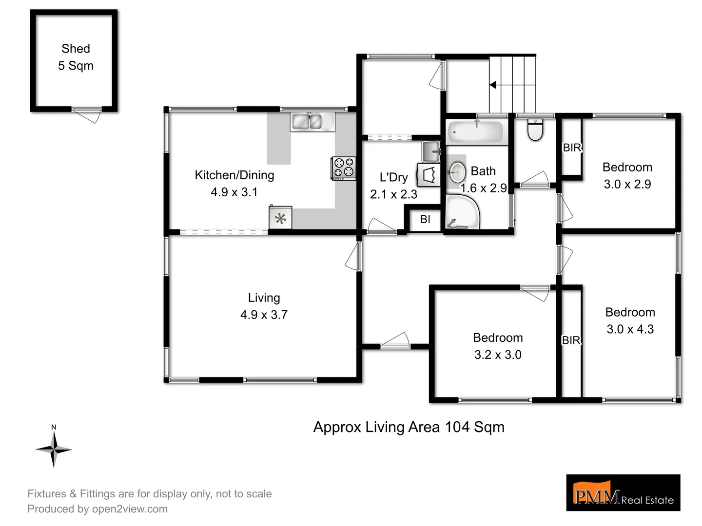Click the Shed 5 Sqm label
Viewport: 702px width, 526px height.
coord(76,57)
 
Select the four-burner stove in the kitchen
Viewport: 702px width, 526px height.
coord(344,168)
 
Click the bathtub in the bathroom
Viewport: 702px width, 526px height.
coord(475,132)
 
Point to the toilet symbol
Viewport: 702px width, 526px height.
coord(535,130)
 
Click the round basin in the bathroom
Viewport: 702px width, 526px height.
coord(457,172)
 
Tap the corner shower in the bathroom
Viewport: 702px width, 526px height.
coord(461,212)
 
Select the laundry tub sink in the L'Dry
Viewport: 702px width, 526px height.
coord(431,151)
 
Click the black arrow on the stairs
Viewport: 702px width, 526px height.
coord(493,85)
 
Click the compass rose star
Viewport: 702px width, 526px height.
coord(54,450)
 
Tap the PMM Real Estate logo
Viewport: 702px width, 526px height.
coord(623,493)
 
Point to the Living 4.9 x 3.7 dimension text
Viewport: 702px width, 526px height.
coord(264,315)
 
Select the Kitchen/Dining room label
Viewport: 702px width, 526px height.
coord(234,175)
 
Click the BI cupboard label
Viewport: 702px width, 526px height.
coord(425,219)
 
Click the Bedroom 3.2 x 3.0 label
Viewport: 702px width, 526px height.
coord(498,346)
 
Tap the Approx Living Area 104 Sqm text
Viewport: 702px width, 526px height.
coord(409,427)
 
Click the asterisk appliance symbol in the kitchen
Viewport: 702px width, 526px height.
coord(281,218)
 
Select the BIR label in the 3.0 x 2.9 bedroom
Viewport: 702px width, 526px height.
coord(572,148)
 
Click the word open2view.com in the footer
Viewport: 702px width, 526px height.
coord(130,509)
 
